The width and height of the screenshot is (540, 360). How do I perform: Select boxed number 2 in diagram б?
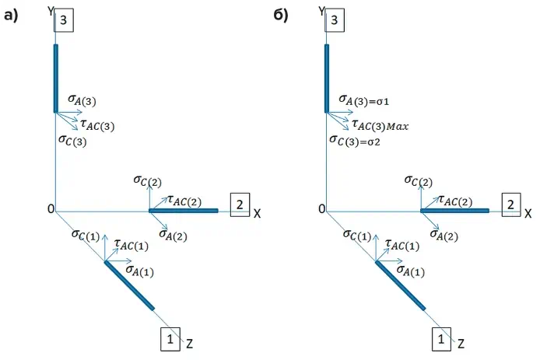(510, 204)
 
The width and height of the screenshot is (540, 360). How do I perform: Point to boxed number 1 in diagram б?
(440, 339)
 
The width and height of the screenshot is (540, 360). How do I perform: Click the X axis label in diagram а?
(257, 211)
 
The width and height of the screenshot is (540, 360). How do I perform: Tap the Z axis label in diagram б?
(461, 343)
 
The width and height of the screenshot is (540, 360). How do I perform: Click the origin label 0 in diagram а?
(50, 209)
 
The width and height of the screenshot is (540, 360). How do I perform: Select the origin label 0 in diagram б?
(321, 209)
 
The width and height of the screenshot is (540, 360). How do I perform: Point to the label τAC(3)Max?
(380, 124)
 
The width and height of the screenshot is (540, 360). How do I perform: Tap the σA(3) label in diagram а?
(82, 100)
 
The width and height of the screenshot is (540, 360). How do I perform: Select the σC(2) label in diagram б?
(419, 182)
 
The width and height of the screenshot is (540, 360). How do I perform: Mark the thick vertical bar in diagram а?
(56, 79)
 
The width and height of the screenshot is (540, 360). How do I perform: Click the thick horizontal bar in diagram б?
(454, 210)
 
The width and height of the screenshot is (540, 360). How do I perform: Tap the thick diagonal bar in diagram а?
(130, 285)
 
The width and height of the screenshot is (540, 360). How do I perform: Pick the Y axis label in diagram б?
(321, 10)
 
